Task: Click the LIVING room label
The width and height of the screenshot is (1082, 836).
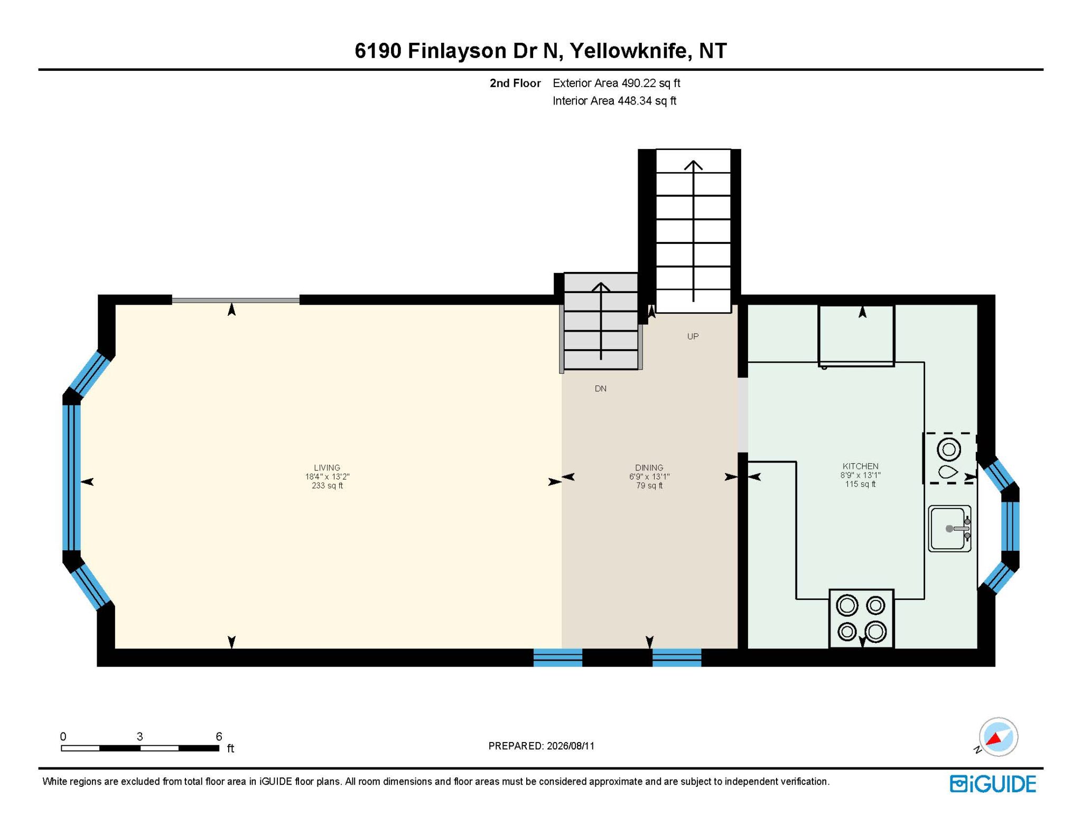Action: tap(327, 467)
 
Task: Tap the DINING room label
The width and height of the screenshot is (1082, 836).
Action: tap(649, 467)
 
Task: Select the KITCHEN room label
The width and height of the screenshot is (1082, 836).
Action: tap(860, 466)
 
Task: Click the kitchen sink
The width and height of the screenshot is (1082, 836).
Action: tap(949, 529)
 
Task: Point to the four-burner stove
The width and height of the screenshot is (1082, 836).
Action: tap(861, 618)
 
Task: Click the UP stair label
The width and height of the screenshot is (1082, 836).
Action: tap(693, 336)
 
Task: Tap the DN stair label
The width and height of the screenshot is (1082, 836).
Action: tap(601, 388)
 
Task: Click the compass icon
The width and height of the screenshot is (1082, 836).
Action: tap(997, 737)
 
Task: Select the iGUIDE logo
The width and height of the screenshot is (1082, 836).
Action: tap(993, 784)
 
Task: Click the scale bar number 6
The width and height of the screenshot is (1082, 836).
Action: tap(219, 736)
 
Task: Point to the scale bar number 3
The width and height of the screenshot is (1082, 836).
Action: tap(139, 736)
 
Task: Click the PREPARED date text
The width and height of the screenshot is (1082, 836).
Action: tap(542, 746)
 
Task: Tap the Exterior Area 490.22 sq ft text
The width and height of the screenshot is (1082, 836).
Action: tap(617, 83)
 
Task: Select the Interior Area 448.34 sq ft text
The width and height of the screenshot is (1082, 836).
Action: tap(614, 101)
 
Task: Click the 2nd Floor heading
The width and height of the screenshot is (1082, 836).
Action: tap(515, 83)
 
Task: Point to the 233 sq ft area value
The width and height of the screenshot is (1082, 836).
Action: tap(327, 485)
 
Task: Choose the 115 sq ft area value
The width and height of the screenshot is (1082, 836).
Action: tap(860, 484)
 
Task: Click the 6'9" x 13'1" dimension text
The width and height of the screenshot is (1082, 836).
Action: tap(649, 476)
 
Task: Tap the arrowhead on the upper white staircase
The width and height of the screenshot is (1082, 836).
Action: tap(693, 164)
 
